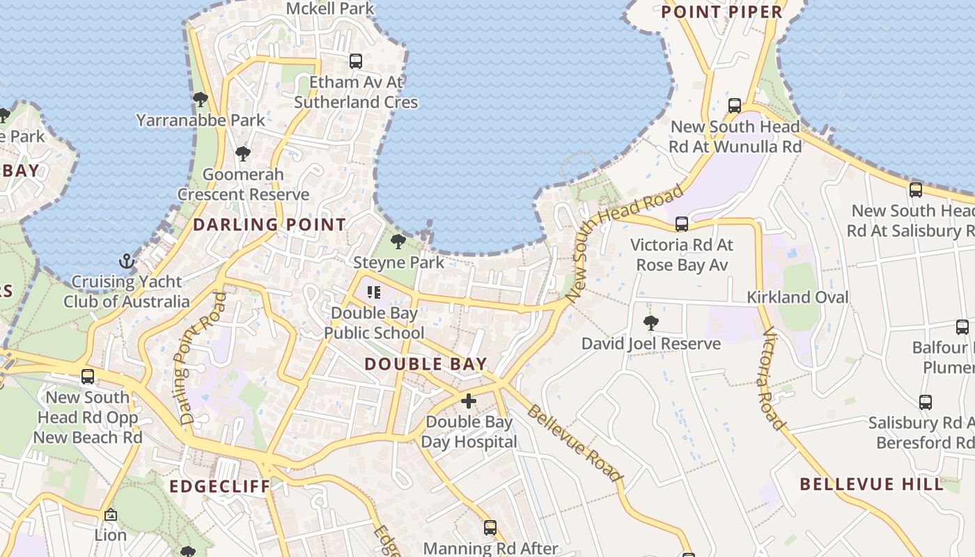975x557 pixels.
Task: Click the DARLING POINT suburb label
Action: pos(269,224)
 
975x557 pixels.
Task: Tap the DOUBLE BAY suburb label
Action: pos(426,363)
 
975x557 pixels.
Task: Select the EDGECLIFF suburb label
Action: pos(219,486)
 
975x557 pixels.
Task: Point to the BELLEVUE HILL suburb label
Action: pos(871,484)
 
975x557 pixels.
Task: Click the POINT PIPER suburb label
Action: pos(722,12)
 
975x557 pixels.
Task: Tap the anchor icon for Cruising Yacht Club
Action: pos(127,261)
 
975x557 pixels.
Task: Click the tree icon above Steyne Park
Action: pos(398,242)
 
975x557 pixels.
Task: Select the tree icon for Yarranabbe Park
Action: pos(201,100)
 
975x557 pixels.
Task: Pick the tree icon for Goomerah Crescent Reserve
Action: pos(243,153)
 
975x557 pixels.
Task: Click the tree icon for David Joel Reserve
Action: pos(651,322)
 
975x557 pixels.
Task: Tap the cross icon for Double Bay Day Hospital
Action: pos(469,401)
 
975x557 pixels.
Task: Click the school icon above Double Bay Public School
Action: pos(374,292)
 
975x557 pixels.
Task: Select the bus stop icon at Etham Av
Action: pos(356,61)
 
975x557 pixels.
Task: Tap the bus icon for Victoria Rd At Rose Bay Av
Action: pos(682,224)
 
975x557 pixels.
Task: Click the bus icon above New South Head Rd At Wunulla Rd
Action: pos(735,106)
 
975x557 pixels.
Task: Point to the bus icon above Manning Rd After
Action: pos(490,528)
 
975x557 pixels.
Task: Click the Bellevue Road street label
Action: pos(574,443)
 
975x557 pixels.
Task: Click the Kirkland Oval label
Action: pos(797,297)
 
